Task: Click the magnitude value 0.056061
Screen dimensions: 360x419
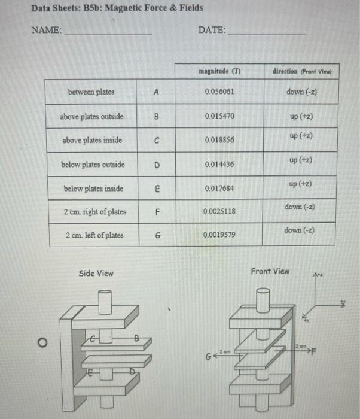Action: point(218,92)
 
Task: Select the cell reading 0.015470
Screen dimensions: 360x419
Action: point(218,115)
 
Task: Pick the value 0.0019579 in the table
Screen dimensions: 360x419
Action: point(218,235)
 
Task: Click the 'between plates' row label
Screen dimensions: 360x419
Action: point(91,92)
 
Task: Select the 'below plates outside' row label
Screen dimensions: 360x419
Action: point(93,164)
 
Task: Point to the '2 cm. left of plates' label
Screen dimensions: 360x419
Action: point(94,235)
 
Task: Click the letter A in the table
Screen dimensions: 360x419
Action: point(156,92)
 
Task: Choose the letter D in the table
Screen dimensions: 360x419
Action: point(156,164)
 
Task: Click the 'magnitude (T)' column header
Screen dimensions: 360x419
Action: point(218,71)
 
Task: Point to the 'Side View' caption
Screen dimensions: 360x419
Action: point(96,273)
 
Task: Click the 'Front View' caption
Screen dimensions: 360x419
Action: point(270,271)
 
